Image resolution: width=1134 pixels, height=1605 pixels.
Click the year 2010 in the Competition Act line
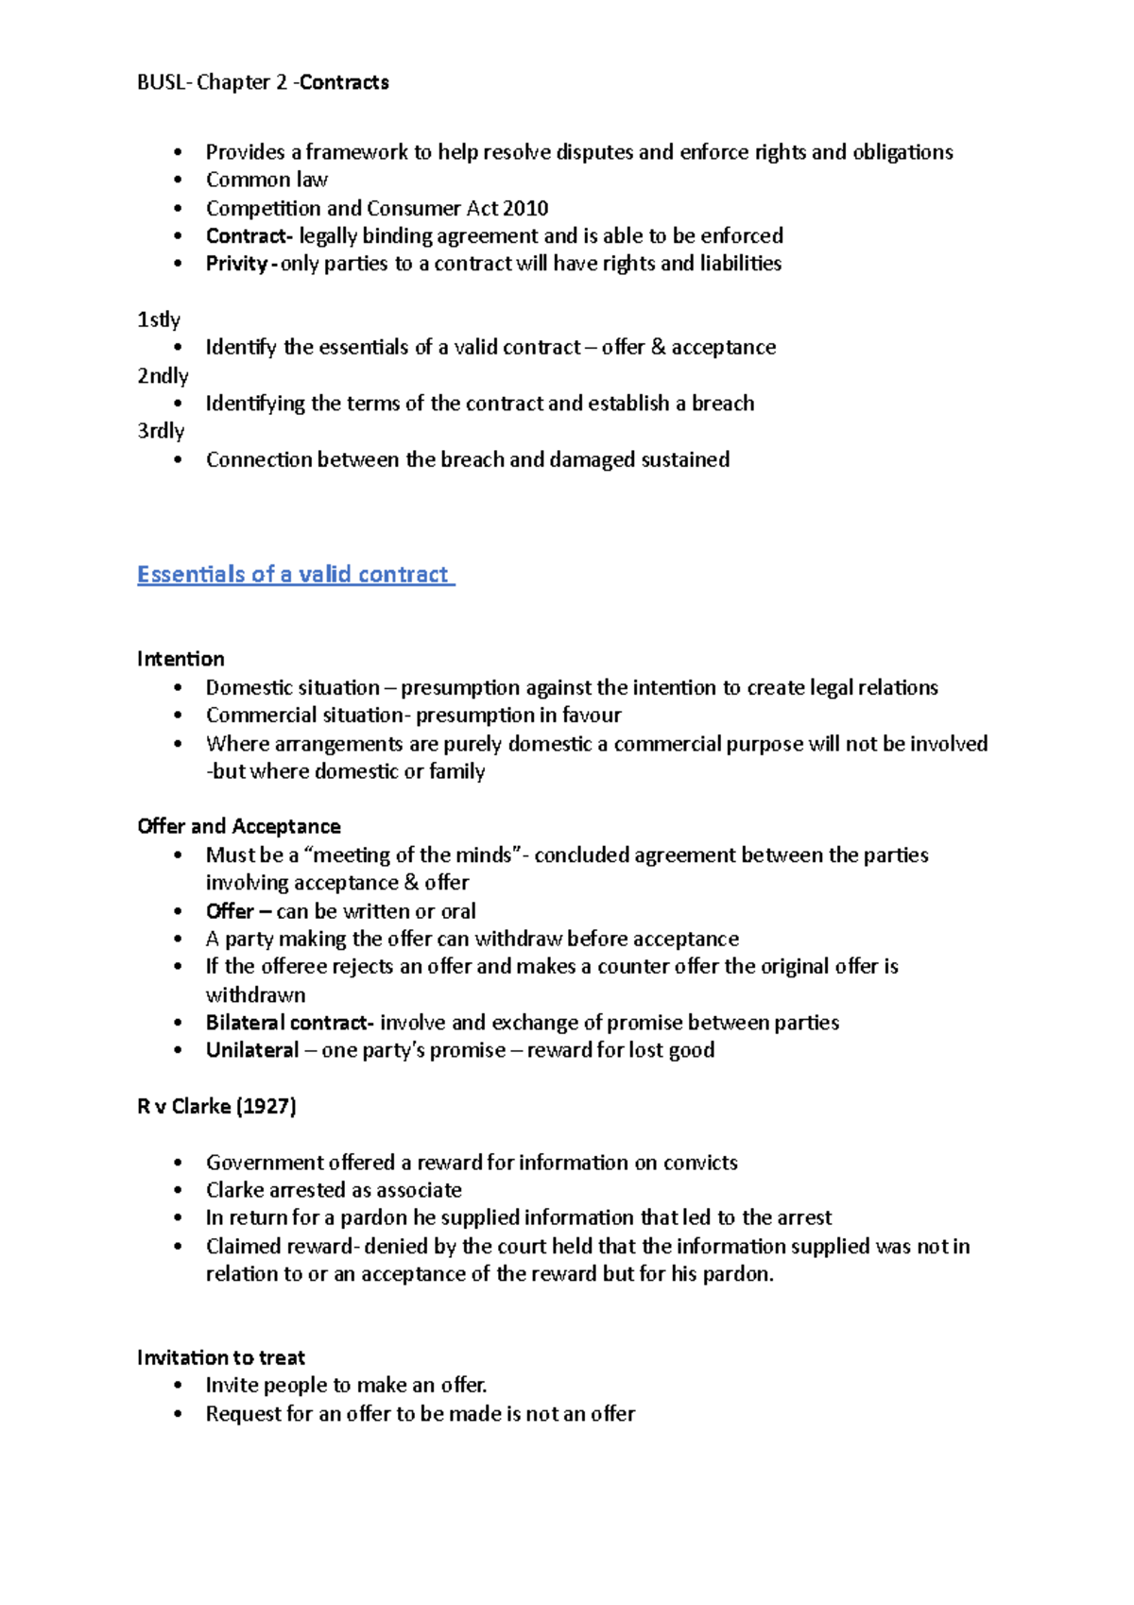(525, 208)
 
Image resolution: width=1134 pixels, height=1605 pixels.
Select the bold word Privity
(236, 264)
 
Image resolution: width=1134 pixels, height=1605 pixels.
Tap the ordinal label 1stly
(159, 319)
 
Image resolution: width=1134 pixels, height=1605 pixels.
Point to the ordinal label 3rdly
(161, 431)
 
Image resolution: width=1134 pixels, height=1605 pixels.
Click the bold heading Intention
(180, 659)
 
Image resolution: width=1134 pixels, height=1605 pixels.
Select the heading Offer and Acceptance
(239, 826)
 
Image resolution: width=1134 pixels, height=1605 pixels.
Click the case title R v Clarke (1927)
(216, 1106)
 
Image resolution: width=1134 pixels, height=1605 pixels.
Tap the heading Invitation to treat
(221, 1358)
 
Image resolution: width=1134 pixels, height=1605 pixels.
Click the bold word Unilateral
(252, 1050)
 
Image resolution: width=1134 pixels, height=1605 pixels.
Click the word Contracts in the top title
(345, 82)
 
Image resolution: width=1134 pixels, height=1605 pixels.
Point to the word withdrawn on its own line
(256, 995)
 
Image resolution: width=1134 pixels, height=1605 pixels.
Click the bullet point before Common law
(178, 180)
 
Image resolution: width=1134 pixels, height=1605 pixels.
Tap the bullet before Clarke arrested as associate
(178, 1190)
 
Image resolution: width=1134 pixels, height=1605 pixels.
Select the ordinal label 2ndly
(163, 375)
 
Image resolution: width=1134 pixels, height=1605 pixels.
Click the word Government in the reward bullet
(260, 1163)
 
